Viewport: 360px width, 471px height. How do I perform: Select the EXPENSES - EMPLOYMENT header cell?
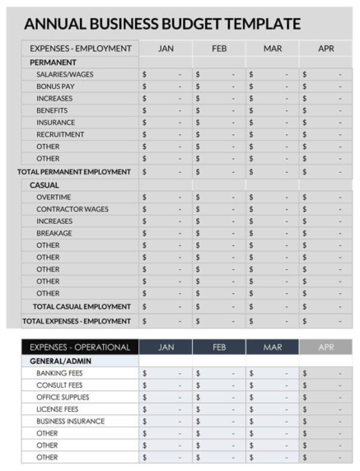(x=80, y=49)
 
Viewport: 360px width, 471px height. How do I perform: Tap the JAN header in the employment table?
(x=166, y=49)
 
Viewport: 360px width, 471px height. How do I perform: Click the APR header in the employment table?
(x=326, y=49)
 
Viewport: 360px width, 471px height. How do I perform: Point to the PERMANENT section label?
(x=53, y=62)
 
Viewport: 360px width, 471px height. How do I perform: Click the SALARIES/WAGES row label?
(x=64, y=74)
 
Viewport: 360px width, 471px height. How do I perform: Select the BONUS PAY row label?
(x=55, y=86)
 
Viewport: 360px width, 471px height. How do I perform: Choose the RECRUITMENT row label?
(x=60, y=134)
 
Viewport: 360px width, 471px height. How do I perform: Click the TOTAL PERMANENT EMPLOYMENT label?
(x=74, y=172)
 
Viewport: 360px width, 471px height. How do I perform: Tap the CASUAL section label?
(x=44, y=185)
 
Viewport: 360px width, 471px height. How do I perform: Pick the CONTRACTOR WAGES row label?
(x=72, y=209)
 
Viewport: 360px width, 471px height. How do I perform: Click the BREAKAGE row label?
(x=54, y=233)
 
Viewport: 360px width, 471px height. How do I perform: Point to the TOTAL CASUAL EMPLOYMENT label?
(x=82, y=306)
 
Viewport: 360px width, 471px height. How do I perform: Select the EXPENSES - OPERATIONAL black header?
(x=80, y=347)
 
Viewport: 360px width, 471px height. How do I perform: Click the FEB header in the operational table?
(x=219, y=347)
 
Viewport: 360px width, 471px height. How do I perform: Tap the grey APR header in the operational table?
(x=326, y=347)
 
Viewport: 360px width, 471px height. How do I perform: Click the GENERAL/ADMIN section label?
(x=58, y=361)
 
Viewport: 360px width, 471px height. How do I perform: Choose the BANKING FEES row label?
(x=59, y=373)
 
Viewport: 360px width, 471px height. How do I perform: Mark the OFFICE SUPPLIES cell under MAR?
(x=272, y=397)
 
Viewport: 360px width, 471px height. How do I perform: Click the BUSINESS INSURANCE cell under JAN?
(x=166, y=421)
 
